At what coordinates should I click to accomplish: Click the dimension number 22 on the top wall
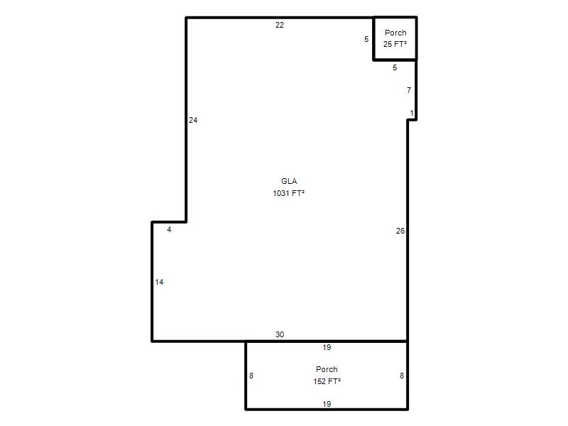(x=279, y=25)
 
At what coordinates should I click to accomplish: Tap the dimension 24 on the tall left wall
(x=193, y=120)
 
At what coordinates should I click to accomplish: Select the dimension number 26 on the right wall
(x=400, y=231)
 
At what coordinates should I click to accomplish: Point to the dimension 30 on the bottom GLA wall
(x=280, y=334)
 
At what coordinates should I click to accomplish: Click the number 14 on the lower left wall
(x=159, y=282)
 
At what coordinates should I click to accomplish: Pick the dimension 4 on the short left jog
(x=169, y=229)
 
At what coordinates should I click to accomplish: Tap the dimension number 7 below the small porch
(x=409, y=90)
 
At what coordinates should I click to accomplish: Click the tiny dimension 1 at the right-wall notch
(x=412, y=114)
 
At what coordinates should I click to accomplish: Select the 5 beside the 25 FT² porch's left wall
(x=366, y=39)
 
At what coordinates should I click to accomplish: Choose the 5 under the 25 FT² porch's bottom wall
(x=395, y=67)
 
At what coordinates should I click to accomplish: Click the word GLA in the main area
(x=289, y=181)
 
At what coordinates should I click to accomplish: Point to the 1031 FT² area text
(x=289, y=193)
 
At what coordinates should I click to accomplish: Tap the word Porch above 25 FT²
(x=395, y=33)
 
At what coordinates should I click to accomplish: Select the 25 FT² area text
(x=395, y=44)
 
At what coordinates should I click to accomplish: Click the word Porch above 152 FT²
(x=327, y=369)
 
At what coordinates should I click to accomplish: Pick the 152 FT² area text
(x=327, y=381)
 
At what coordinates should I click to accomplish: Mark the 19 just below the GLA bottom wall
(x=327, y=347)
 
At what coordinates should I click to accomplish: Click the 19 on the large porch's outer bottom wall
(x=327, y=404)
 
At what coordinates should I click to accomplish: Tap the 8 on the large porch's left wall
(x=251, y=376)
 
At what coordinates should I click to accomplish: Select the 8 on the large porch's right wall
(x=402, y=376)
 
